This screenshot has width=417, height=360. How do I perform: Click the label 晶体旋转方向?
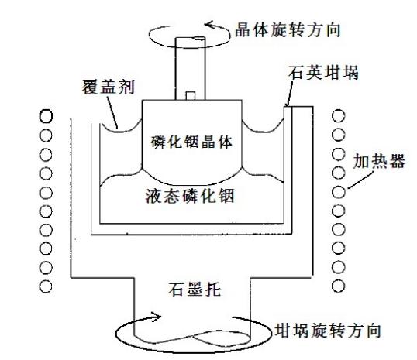(x=288, y=30)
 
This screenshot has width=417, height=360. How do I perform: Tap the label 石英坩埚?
(x=323, y=73)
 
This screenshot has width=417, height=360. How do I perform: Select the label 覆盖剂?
(x=109, y=87)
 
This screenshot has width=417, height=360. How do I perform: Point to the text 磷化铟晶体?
(x=191, y=142)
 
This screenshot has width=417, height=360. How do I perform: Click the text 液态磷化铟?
(x=190, y=196)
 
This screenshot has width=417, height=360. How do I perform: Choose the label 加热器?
(x=379, y=161)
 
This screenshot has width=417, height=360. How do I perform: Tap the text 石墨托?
(x=195, y=289)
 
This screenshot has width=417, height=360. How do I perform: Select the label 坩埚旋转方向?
(x=328, y=331)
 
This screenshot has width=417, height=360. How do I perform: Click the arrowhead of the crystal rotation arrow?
(x=209, y=25)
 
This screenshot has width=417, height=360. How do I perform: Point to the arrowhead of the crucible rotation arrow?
(x=157, y=317)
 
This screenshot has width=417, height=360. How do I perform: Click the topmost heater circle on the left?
(x=46, y=116)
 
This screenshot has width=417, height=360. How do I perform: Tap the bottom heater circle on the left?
(x=46, y=286)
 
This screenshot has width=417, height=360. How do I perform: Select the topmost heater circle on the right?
(x=339, y=116)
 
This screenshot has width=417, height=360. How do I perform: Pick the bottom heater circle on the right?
(x=339, y=286)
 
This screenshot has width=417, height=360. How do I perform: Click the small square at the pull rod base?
(x=191, y=96)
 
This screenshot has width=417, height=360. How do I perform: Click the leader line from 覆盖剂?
(x=112, y=113)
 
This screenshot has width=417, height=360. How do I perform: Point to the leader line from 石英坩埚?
(x=289, y=94)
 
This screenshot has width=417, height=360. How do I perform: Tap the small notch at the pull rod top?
(x=199, y=39)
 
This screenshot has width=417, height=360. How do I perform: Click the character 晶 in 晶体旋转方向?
(x=243, y=30)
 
